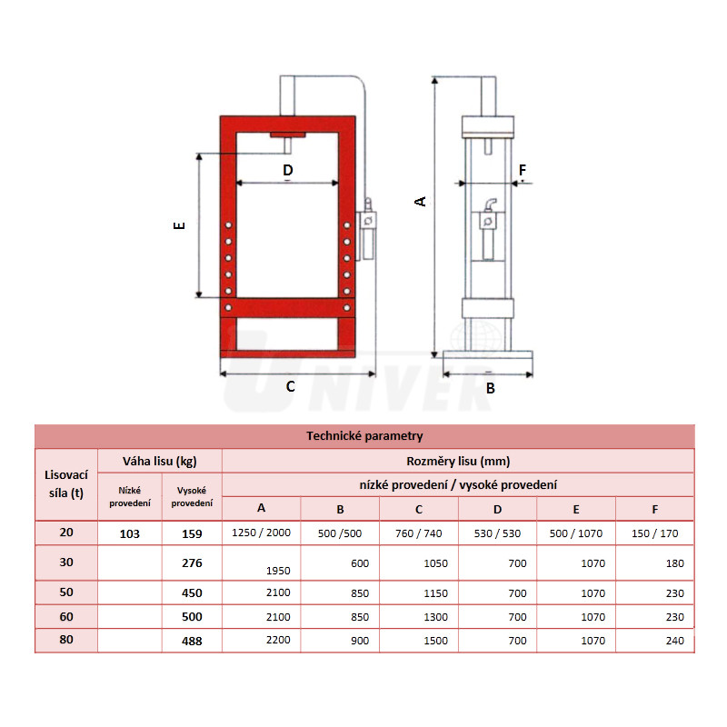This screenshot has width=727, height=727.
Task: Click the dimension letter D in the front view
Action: coord(288,170)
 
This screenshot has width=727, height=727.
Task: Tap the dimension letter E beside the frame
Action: coord(179,225)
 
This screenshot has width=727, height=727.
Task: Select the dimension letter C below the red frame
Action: coord(290,386)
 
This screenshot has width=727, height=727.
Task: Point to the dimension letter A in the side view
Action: coord(420,202)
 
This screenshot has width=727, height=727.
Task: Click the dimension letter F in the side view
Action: coord(523,170)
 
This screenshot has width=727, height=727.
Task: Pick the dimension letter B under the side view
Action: coord(491,388)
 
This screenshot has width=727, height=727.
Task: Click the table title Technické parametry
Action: coord(364,436)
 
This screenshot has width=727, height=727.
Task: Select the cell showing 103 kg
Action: coord(129,533)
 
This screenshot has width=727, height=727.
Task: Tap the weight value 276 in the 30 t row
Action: coord(192,563)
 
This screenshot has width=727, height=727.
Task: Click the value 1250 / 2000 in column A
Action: coord(261,533)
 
